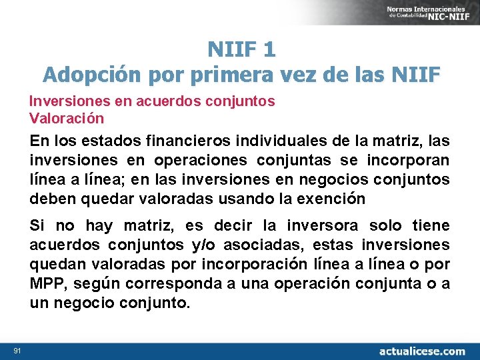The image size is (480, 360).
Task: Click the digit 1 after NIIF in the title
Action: click(x=269, y=49)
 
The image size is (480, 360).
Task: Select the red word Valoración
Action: click(x=67, y=119)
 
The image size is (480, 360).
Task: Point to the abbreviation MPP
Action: click(x=47, y=284)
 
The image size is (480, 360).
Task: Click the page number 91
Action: click(x=17, y=350)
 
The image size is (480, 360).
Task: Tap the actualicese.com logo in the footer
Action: click(x=422, y=351)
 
